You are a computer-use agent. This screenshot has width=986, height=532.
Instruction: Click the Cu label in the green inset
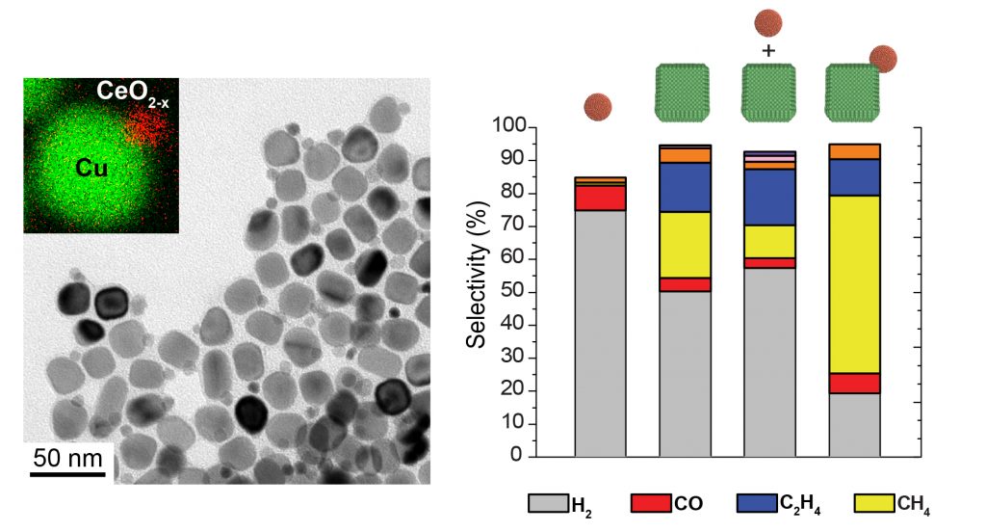click(x=91, y=169)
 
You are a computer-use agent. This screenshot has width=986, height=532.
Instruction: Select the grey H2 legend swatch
click(x=547, y=503)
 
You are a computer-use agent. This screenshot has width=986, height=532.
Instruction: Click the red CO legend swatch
click(x=651, y=503)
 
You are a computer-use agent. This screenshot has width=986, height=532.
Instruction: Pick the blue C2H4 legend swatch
click(x=755, y=503)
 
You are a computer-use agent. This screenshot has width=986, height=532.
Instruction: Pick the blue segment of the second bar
click(x=685, y=187)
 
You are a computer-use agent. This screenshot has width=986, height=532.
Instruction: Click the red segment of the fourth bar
click(x=853, y=383)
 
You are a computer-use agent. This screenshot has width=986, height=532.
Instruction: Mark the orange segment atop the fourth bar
click(x=853, y=151)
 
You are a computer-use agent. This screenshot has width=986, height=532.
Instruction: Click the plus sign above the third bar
click(x=768, y=51)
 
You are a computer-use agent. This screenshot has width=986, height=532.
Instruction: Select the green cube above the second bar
click(x=685, y=92)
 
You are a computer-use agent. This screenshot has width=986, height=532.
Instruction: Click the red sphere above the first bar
click(x=598, y=105)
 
